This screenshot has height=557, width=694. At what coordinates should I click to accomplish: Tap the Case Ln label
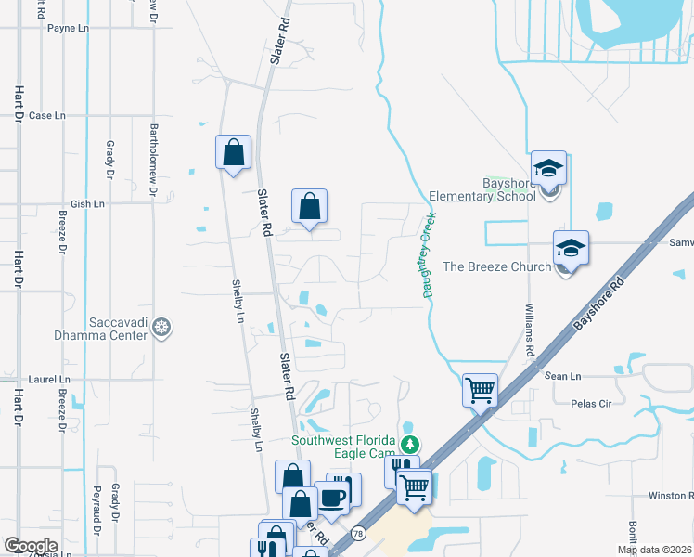[47, 116]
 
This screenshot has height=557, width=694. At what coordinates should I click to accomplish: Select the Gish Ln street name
[88, 203]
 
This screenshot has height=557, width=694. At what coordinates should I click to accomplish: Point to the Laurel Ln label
[49, 380]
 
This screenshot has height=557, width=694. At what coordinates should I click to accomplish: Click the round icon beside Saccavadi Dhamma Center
[161, 327]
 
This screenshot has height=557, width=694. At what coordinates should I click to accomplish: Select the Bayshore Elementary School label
[482, 190]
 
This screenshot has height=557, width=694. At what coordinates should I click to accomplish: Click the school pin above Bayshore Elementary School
[548, 169]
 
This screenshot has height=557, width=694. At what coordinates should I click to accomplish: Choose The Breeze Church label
[496, 267]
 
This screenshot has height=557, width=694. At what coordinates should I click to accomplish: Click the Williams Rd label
[530, 330]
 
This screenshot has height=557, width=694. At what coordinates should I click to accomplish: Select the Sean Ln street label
[562, 376]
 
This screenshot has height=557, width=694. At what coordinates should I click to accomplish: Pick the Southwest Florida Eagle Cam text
[344, 447]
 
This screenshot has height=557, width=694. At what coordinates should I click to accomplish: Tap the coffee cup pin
[331, 498]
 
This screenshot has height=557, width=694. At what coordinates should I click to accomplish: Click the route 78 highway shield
[358, 534]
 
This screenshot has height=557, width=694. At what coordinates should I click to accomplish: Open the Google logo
[31, 546]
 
